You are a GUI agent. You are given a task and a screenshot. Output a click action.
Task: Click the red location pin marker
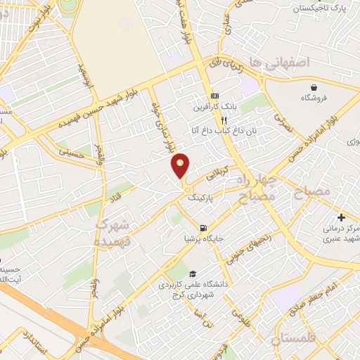pyautogui.click(x=181, y=165)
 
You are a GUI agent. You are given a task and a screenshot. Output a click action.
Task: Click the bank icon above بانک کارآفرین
pyautogui.click(x=214, y=96)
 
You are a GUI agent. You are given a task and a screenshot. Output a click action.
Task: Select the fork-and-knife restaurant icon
pyautogui.click(x=224, y=120)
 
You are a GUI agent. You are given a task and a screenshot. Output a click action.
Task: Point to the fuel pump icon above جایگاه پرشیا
pyautogui.click(x=202, y=228)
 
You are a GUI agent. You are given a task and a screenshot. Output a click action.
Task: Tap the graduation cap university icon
pyautogui.click(x=193, y=274)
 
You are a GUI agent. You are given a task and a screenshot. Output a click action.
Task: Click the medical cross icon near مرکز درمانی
pyautogui.click(x=341, y=217)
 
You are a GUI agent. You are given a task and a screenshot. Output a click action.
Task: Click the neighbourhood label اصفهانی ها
pyautogui.click(x=287, y=63)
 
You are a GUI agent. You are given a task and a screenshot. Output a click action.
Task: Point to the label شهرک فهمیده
pyautogui.click(x=112, y=232)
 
